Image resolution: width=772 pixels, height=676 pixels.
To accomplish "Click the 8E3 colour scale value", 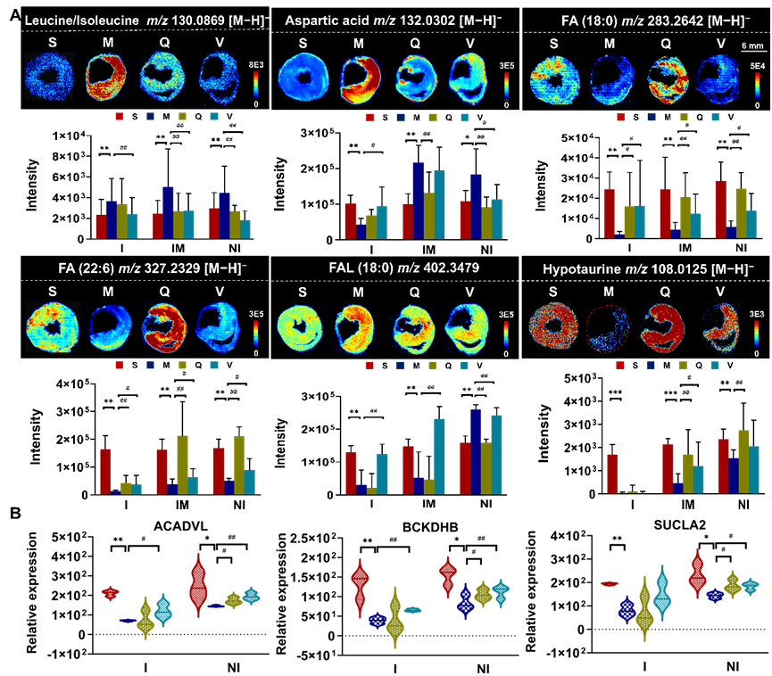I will coord(254,65).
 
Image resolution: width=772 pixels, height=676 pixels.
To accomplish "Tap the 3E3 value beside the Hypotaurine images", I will coord(757,315).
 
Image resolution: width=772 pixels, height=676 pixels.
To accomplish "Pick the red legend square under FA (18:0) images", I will coord(620,117).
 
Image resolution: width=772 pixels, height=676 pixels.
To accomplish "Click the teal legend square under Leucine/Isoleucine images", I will coord(214,117).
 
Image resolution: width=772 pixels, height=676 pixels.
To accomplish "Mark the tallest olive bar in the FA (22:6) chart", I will coord(182,464).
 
